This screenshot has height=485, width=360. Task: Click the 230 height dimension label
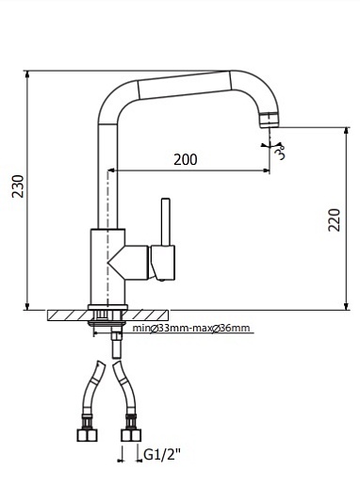[18, 186]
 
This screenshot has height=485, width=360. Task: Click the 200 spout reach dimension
[186, 159]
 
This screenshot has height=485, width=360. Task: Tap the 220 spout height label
[334, 220]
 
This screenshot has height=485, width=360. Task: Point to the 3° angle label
[280, 153]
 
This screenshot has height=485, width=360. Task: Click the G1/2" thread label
[162, 454]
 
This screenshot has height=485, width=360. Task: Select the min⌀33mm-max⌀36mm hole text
[191, 329]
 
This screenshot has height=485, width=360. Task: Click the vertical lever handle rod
[166, 221]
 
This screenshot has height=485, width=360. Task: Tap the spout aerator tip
[270, 120]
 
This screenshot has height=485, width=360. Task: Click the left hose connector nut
[88, 435]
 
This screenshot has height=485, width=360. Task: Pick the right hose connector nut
[131, 435]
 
